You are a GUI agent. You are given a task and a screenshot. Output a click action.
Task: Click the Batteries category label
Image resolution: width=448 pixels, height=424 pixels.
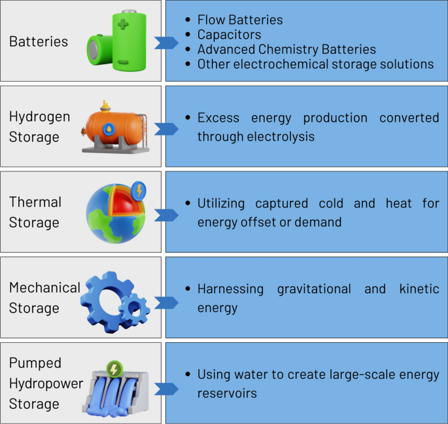pos(39,42)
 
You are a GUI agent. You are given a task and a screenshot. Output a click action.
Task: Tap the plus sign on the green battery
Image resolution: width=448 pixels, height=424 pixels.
pos(124,27)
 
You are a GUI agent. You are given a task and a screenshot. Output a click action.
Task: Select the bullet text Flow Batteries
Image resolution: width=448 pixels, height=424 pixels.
pos(240,20)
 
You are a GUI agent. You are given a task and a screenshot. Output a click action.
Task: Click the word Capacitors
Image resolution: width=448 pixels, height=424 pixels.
pos(229,35)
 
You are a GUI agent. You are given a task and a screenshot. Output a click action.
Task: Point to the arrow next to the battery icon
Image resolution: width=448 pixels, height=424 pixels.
pos(166,43)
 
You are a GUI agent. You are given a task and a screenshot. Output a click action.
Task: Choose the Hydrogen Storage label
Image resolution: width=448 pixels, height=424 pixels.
pos(39,127)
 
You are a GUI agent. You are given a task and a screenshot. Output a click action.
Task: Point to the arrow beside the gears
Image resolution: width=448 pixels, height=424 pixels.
pos(166,302)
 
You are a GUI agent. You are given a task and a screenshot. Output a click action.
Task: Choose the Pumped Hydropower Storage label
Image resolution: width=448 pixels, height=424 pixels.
pos(45,383)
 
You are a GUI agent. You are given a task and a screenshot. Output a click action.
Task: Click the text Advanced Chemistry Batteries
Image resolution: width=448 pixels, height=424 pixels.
pos(286,50)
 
